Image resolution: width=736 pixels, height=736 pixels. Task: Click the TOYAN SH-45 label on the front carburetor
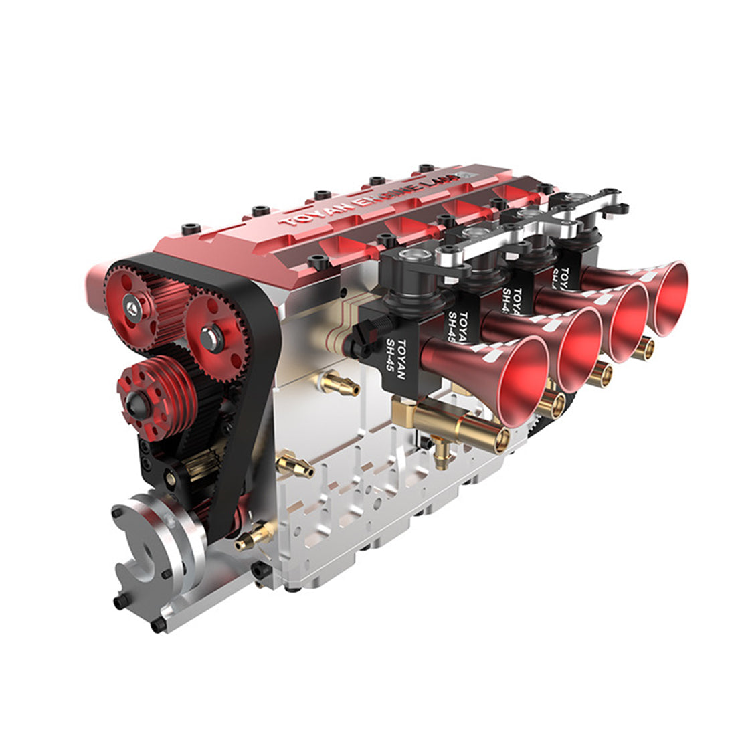(x=400, y=362)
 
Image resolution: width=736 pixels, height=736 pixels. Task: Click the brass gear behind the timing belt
(x=201, y=465)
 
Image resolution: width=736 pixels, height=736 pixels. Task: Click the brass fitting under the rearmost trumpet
(x=644, y=347)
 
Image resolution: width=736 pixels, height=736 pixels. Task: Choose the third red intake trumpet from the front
(x=626, y=321)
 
